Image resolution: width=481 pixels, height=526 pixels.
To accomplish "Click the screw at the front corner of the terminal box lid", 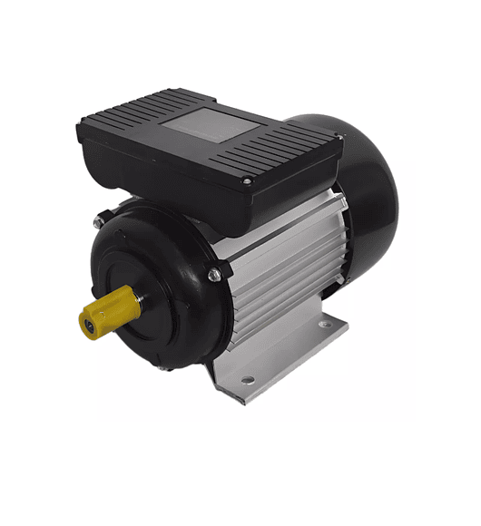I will pyautogui.click(x=244, y=183).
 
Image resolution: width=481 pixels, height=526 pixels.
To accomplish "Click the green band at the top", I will pyautogui.click(x=240, y=30).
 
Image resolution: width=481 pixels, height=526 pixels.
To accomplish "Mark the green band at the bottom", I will pyautogui.click(x=240, y=495).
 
